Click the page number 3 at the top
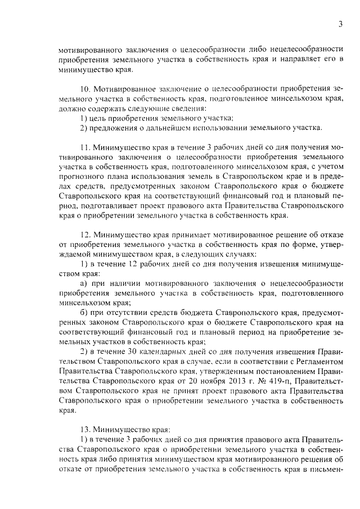(x=341, y=24)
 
